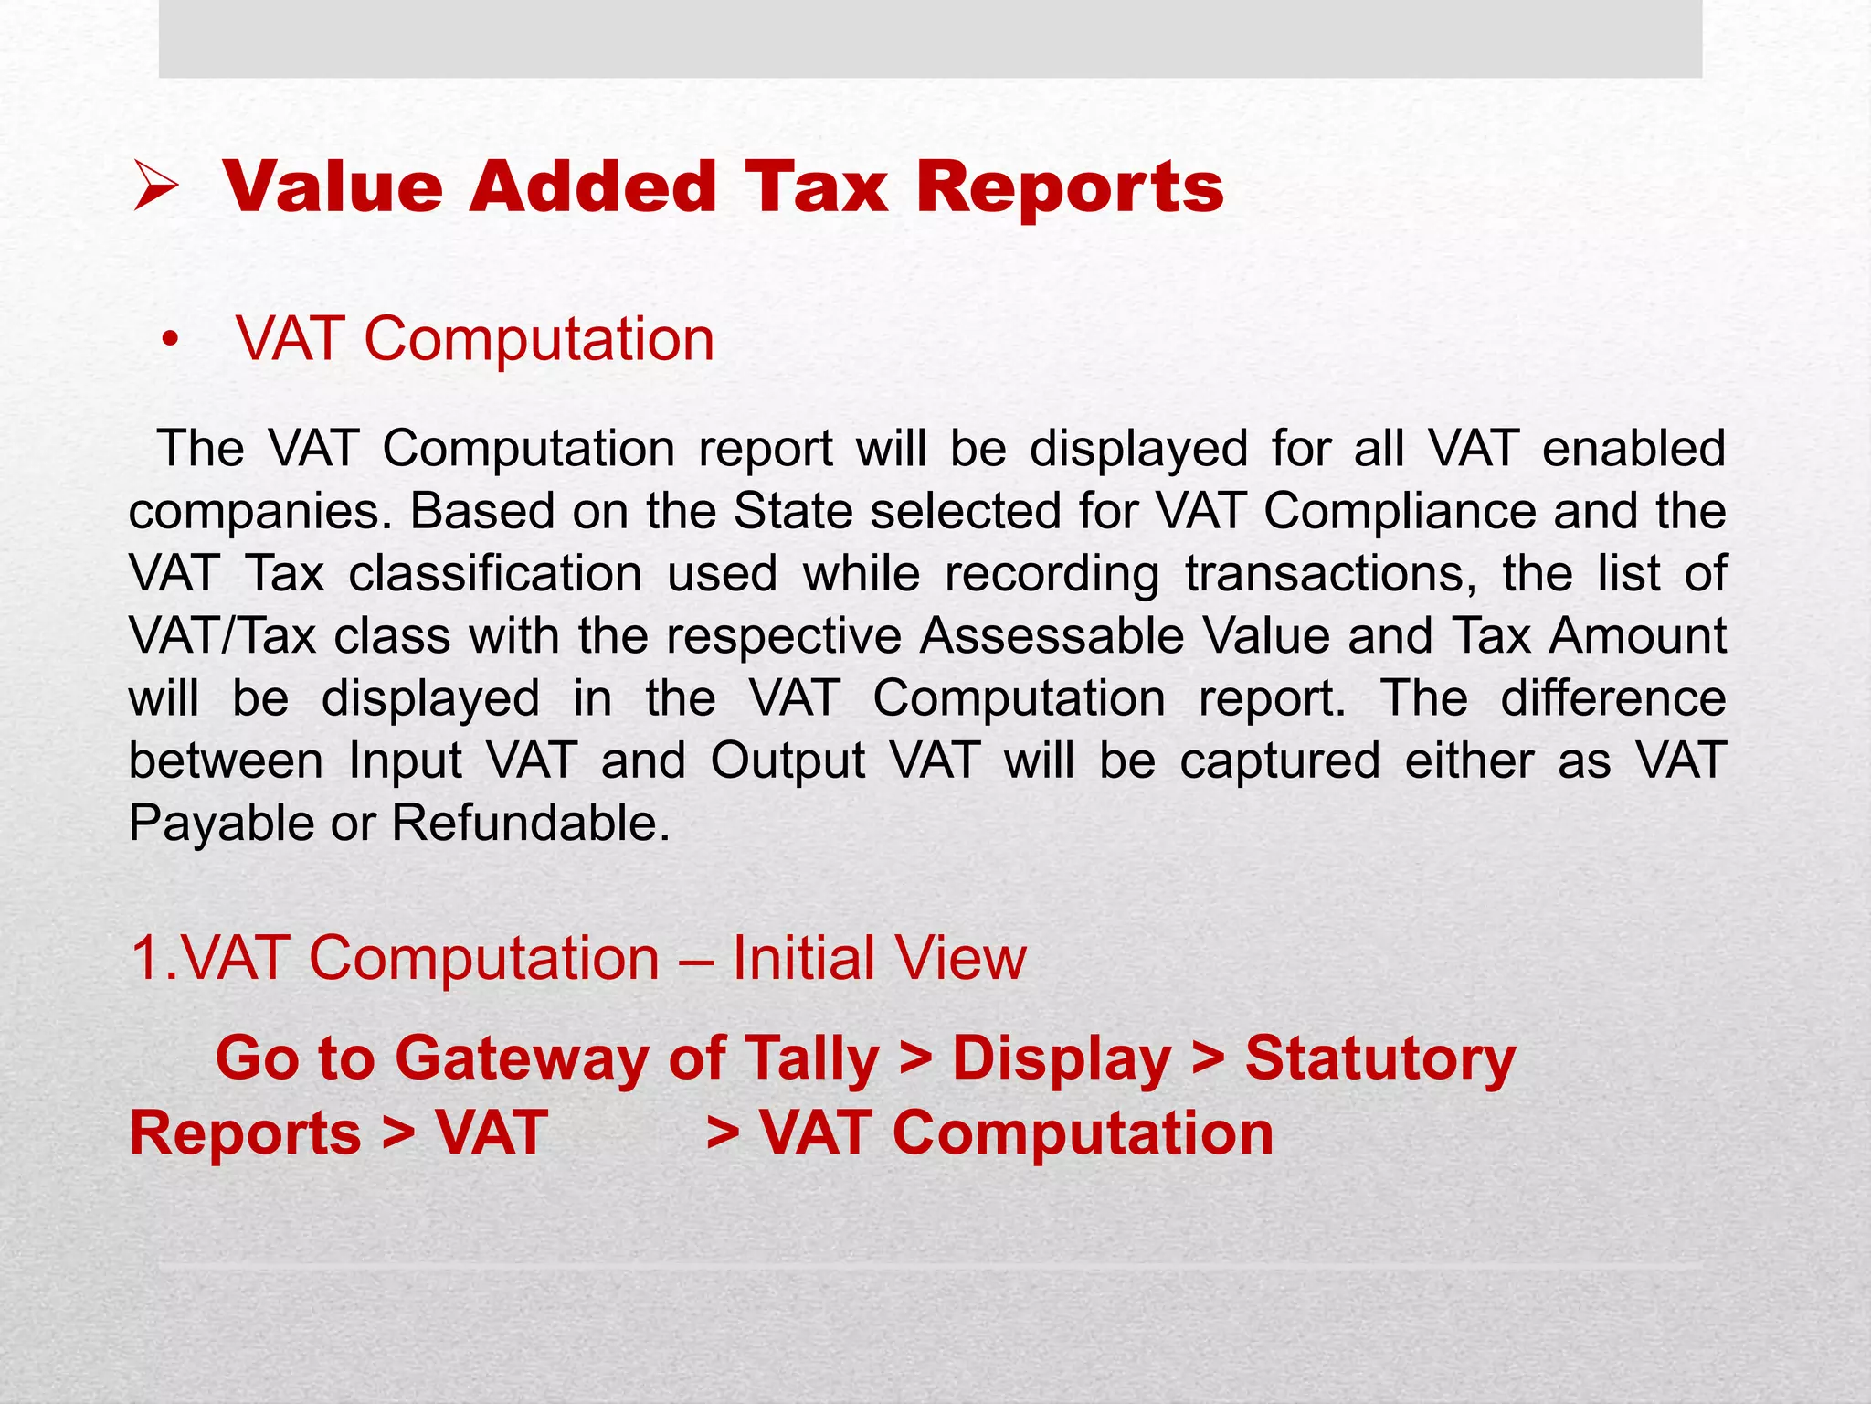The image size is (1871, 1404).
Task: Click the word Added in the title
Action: coord(593,187)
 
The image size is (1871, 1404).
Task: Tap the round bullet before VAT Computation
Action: coord(168,341)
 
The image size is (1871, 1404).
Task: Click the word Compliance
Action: coord(1400,511)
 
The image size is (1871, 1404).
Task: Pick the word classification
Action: coord(495,574)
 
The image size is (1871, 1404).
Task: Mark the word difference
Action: coord(1612,698)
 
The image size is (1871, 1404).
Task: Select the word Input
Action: coord(406,761)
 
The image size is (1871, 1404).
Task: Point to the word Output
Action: coord(788,761)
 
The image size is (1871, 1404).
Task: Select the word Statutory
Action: coord(1379,1059)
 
